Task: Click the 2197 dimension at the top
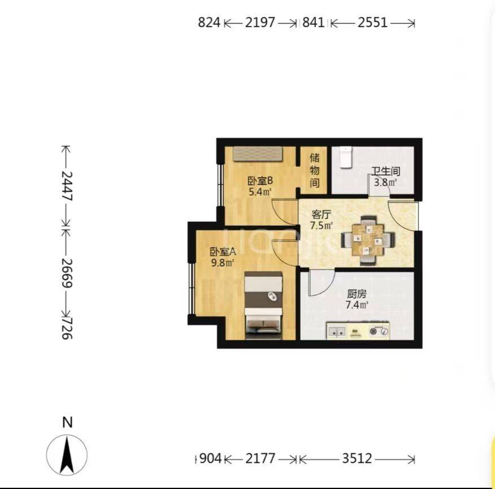(x=260, y=23)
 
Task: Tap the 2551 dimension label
(x=372, y=23)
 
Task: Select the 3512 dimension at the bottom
(x=357, y=458)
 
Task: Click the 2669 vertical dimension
(x=67, y=273)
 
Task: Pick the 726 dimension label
(x=67, y=328)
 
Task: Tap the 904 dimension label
(x=211, y=458)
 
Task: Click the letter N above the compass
(x=67, y=422)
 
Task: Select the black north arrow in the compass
(x=67, y=454)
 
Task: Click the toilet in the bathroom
(x=346, y=157)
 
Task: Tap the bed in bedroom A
(x=263, y=305)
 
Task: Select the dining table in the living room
(x=368, y=241)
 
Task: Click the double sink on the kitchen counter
(x=337, y=331)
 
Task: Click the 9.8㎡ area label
(x=223, y=263)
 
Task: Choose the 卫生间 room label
(x=385, y=171)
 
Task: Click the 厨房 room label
(x=357, y=294)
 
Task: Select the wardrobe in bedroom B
(x=260, y=153)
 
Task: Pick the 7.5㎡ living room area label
(x=322, y=226)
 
